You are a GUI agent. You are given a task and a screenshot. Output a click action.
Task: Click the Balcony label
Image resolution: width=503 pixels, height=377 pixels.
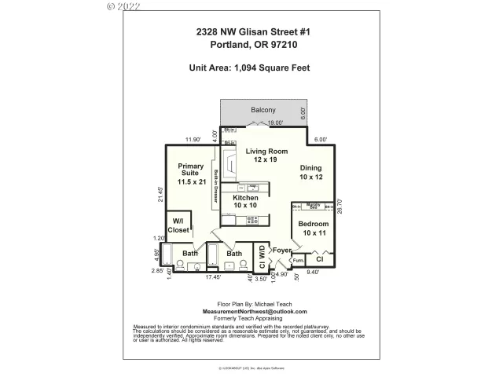263,110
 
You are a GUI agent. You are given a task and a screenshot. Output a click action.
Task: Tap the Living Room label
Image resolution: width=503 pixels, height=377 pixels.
266,156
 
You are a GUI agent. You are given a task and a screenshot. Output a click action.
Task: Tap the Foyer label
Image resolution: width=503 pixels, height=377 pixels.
281,251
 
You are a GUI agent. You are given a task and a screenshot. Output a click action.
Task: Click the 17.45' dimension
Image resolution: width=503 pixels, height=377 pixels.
213,276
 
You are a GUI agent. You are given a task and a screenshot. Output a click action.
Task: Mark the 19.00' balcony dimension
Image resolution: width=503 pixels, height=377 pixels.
274,123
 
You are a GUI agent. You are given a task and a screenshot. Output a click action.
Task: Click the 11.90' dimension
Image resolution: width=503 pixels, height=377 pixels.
193,140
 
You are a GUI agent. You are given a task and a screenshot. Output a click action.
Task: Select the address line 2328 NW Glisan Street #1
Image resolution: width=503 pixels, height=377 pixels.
251,32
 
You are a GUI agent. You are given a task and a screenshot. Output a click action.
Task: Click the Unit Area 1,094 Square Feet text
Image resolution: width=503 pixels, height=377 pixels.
250,68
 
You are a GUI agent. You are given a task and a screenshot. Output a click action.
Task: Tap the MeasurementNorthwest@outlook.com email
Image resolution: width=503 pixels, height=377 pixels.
250,312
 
